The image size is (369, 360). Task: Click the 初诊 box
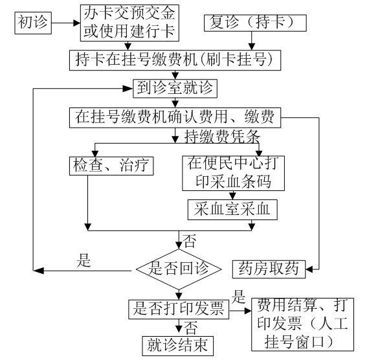pyautogui.click(x=33, y=23)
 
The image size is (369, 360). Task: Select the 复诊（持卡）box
pyautogui.click(x=255, y=23)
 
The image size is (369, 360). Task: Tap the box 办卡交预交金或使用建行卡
pyautogui.click(x=129, y=23)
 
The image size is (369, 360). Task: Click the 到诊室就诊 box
pyautogui.click(x=175, y=89)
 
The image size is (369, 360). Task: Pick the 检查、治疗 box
pyautogui.click(x=111, y=166)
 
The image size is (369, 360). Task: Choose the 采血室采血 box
pyautogui.click(x=232, y=210)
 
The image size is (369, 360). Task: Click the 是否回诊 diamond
pyautogui.click(x=179, y=269)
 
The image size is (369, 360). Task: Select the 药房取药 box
pyautogui.click(x=269, y=269)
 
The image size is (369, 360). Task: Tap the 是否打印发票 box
pyautogui.click(x=179, y=309)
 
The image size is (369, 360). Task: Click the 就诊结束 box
pyautogui.click(x=177, y=346)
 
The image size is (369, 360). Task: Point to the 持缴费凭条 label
pyautogui.click(x=222, y=137)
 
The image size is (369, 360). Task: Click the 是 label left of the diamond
pyautogui.click(x=84, y=260)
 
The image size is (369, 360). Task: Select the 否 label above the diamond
pyautogui.click(x=190, y=241)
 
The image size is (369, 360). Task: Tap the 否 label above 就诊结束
pyautogui.click(x=190, y=328)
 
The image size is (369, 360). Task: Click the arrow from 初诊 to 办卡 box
pyautogui.click(x=66, y=23)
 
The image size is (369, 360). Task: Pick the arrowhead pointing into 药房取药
pyautogui.click(x=309, y=269)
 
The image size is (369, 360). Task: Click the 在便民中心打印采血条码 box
pyautogui.click(x=233, y=173)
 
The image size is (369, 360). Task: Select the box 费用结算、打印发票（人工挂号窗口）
pyautogui.click(x=302, y=324)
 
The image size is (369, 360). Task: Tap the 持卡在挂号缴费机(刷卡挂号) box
pyautogui.click(x=175, y=60)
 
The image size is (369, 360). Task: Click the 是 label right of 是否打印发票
pyautogui.click(x=239, y=297)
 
